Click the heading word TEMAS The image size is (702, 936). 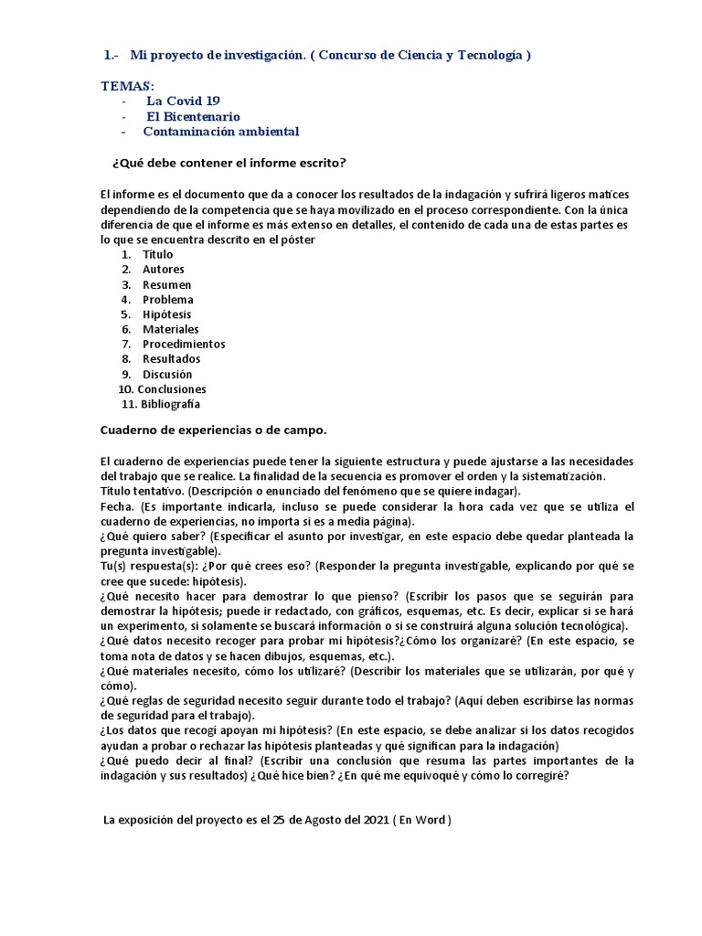tap(127, 85)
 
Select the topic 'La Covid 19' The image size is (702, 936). tap(183, 101)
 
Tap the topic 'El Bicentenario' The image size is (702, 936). tap(194, 116)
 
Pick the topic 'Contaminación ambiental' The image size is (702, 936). tap(220, 131)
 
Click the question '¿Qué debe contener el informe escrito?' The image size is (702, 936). tap(228, 163)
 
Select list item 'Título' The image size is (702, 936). tap(157, 254)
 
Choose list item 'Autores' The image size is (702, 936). tap(163, 270)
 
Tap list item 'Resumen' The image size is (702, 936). tap(166, 284)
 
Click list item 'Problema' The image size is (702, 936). tap(167, 300)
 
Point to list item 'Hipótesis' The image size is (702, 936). tap(166, 314)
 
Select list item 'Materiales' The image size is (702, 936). tap(170, 329)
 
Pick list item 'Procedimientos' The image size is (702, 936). tap(184, 345)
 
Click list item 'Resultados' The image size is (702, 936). tap(171, 359)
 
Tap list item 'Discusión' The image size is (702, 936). tap(167, 374)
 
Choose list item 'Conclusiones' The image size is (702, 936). tap(172, 389)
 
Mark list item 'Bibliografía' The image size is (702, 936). tap(170, 404)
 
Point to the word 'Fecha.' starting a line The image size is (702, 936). tap(116, 506)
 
